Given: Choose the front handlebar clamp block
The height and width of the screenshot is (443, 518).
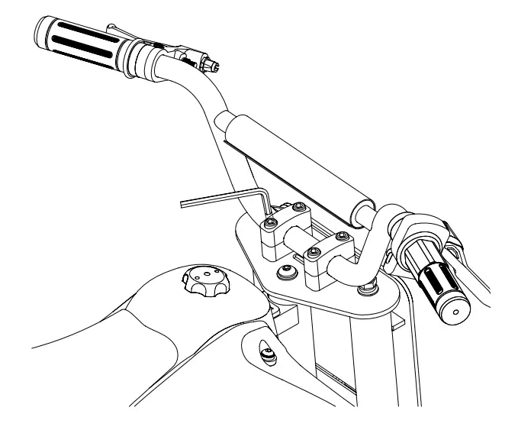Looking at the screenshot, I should (x=327, y=264).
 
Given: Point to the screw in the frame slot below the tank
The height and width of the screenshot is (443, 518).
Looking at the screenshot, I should (x=268, y=353).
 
